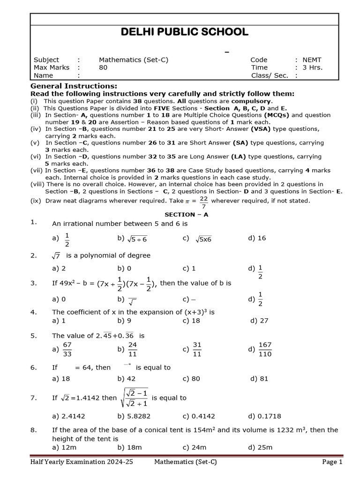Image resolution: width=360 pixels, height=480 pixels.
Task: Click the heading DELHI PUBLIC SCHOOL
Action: (184, 32)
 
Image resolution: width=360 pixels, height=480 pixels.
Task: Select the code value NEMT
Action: (312, 60)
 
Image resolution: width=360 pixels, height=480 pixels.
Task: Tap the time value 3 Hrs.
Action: (313, 67)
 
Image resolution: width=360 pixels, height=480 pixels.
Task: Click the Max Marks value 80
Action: (103, 67)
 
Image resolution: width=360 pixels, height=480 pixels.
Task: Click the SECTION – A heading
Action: (186, 214)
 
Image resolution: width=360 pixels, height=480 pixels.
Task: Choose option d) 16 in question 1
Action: (257, 238)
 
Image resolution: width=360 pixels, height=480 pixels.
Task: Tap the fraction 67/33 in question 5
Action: (67, 349)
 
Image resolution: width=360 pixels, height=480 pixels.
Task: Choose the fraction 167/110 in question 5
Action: (265, 349)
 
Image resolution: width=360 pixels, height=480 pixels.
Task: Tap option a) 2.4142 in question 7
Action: (69, 416)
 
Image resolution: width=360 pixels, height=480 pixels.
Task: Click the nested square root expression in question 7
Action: (135, 398)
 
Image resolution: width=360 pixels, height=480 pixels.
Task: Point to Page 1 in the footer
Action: (332, 462)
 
